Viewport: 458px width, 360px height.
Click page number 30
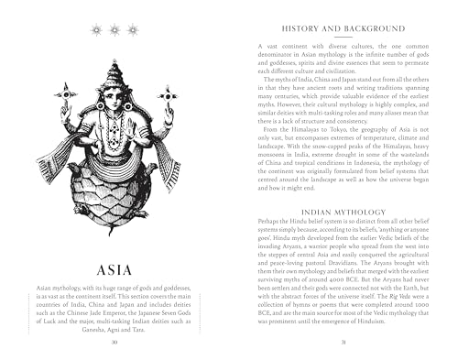point(114,342)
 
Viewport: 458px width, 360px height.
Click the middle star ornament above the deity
point(115,30)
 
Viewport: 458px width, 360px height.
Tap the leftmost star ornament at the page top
point(98,30)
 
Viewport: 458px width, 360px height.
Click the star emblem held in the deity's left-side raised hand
point(64,92)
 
